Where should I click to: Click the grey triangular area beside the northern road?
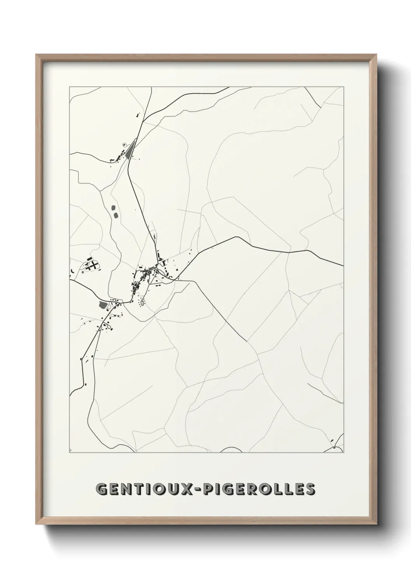click(130, 150)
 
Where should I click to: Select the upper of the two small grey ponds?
click(113, 208)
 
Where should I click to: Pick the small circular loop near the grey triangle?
click(124, 144)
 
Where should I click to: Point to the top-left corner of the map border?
click(70, 87)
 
